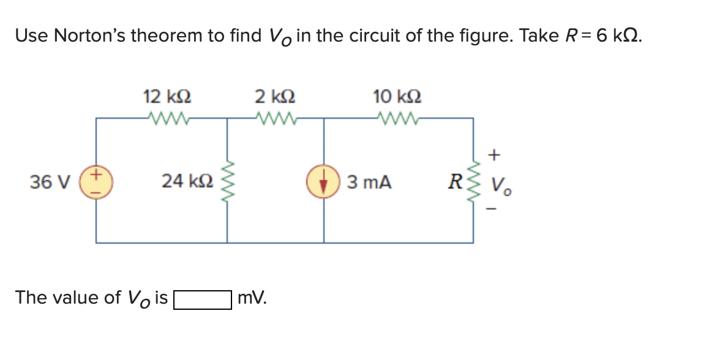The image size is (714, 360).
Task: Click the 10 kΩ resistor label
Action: tap(397, 97)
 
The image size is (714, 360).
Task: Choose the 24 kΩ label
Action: tap(187, 181)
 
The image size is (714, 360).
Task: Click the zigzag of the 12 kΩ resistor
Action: tap(167, 117)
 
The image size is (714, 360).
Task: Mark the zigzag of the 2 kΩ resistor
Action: tap(276, 117)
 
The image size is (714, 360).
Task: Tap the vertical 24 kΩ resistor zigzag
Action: tap(228, 181)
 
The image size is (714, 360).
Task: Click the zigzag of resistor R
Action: tap(473, 181)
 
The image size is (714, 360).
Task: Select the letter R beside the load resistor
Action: tap(454, 182)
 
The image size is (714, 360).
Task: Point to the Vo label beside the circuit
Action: tap(502, 184)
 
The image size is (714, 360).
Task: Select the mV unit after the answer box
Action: tap(252, 298)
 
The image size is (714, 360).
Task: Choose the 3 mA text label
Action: tap(369, 182)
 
